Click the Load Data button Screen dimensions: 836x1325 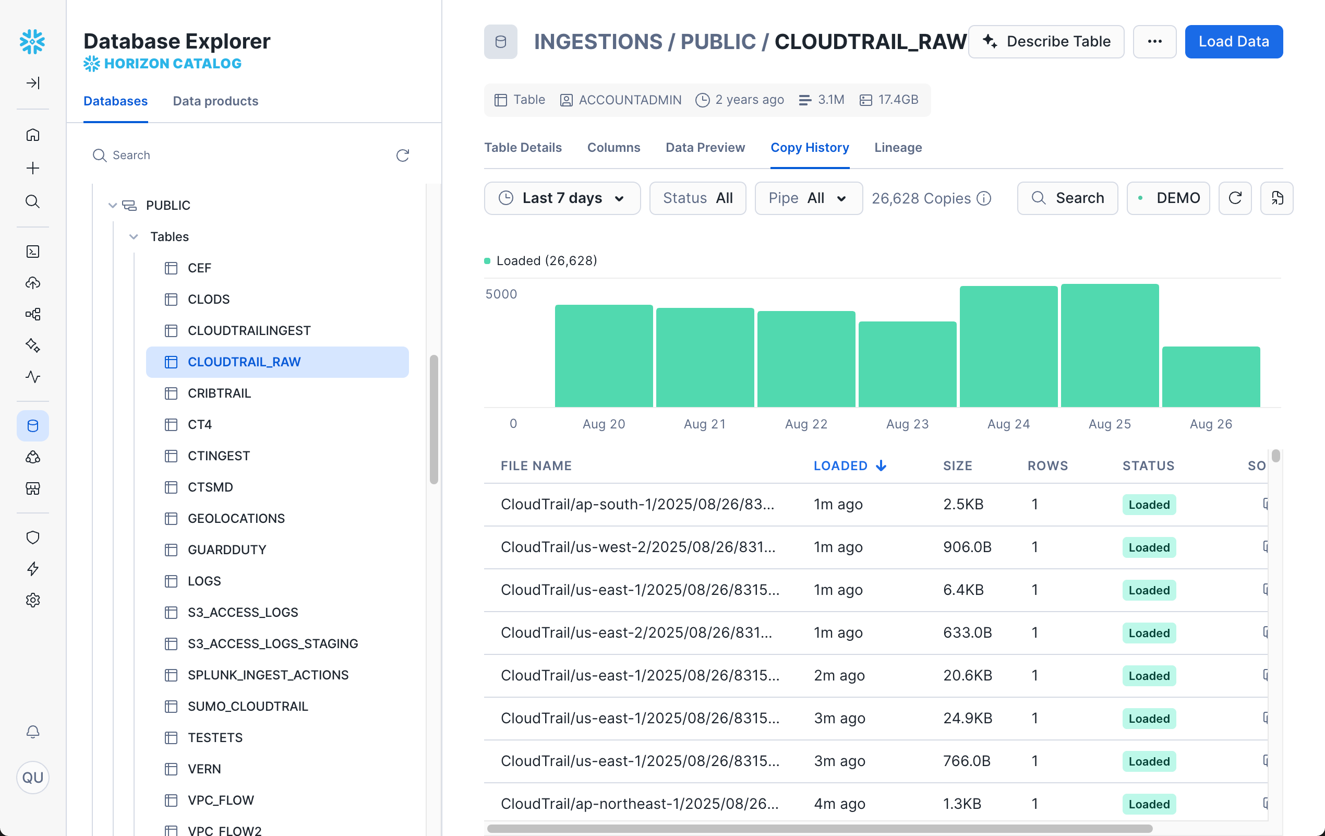[x=1233, y=41]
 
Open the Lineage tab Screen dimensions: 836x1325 [x=897, y=148]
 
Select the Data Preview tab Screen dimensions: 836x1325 [x=705, y=148]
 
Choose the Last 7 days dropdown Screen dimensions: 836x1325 [x=562, y=198]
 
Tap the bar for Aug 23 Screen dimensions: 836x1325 [x=907, y=364]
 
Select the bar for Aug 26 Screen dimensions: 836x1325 [x=1211, y=376]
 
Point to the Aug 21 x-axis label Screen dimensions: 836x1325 [x=704, y=424]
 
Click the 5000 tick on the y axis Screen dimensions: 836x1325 [x=501, y=294]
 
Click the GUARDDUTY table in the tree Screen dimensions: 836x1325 [x=227, y=550]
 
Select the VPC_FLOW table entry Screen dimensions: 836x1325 [x=221, y=799]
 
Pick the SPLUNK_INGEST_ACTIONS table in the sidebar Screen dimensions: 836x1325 [x=268, y=675]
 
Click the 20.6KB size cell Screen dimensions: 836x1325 [x=967, y=675]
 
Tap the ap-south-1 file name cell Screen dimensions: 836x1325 [x=637, y=504]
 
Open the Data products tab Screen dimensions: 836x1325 [x=215, y=101]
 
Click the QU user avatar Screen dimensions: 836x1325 [x=33, y=777]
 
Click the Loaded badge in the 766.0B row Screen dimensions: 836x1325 [x=1148, y=761]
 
